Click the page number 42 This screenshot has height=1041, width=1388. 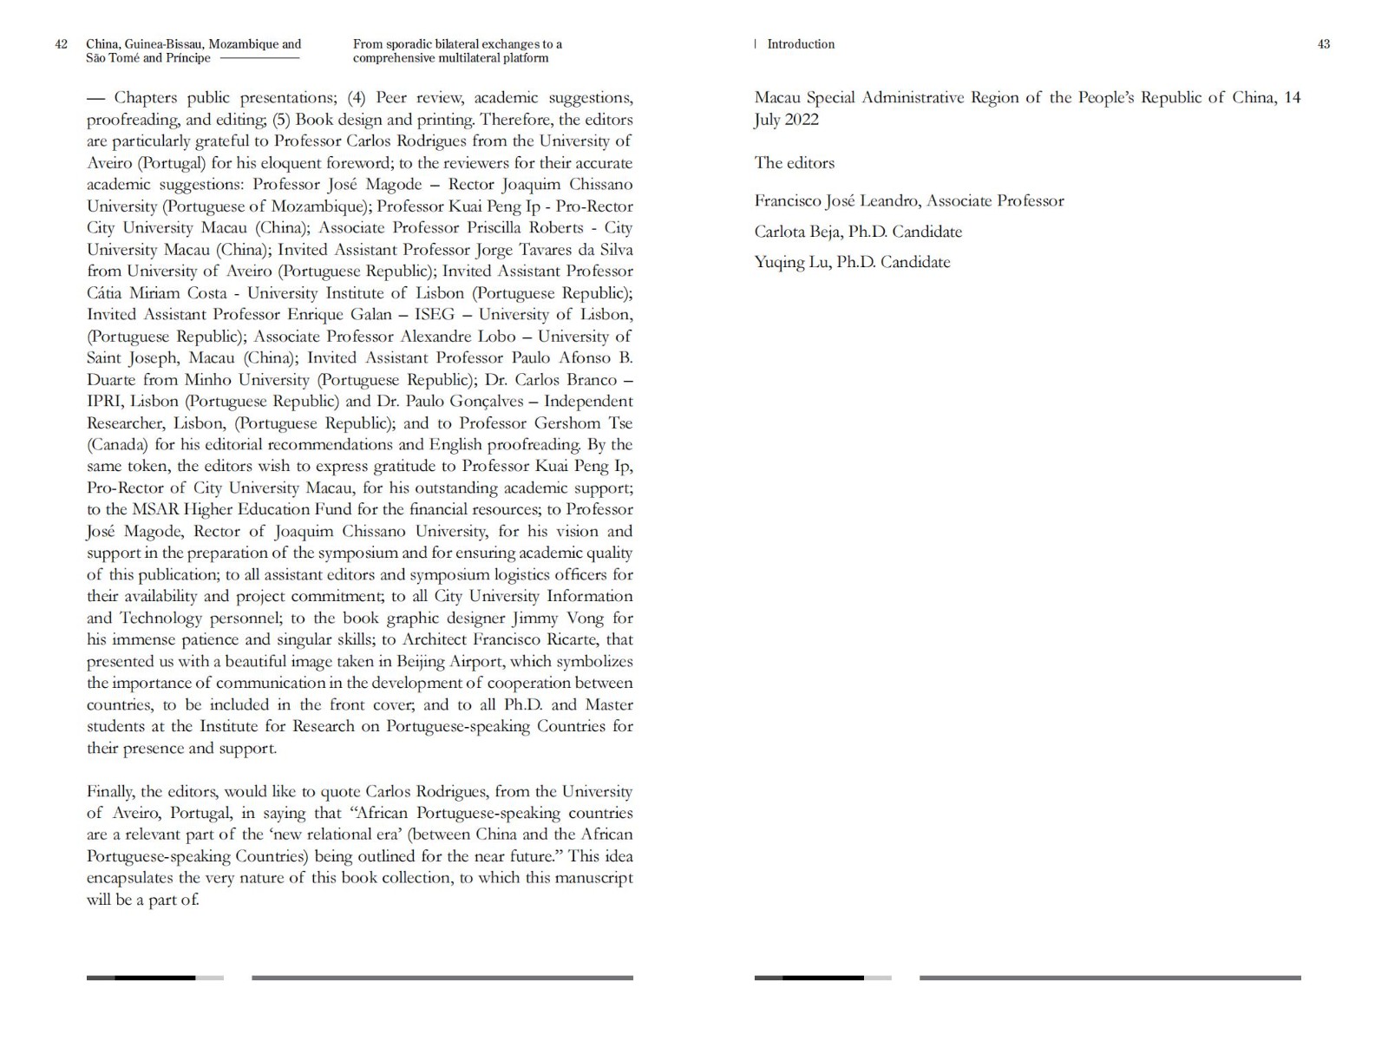(x=61, y=44)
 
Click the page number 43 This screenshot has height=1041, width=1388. (x=1323, y=44)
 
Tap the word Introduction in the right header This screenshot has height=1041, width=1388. (x=801, y=44)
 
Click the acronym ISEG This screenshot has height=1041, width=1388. (x=435, y=315)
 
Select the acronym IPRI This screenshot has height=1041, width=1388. (x=106, y=402)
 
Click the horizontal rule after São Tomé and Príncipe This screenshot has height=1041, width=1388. (x=260, y=58)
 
